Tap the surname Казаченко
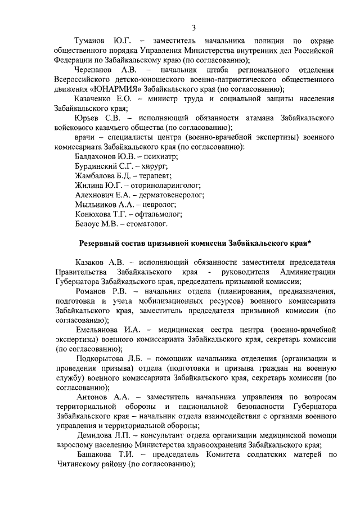96,98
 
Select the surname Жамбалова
96,177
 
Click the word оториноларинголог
165,186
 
